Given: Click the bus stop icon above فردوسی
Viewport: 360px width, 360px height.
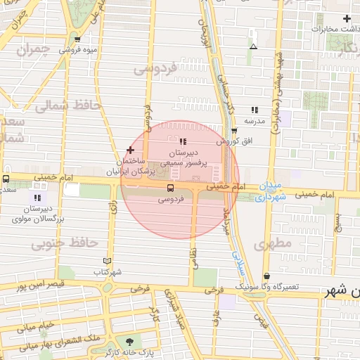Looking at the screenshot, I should point(170,188).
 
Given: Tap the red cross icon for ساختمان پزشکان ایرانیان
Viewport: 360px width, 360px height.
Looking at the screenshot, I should point(130,150).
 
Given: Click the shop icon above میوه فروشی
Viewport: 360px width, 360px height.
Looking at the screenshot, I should point(77,39).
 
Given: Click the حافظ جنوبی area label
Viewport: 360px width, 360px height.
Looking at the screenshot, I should point(64,243).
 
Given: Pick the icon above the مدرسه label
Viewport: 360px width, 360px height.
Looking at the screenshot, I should point(255,110).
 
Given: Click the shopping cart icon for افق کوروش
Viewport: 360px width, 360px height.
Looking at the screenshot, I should point(234,131).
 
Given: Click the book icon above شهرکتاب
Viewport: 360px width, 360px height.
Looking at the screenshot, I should point(107,261).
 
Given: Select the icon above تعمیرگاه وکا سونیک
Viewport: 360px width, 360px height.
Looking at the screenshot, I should point(266,276).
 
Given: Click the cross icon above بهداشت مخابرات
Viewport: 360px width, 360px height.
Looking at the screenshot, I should point(346,18).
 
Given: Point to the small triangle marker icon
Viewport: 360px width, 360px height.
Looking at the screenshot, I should point(253,47).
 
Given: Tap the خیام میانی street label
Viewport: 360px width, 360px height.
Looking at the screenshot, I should point(36,326).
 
